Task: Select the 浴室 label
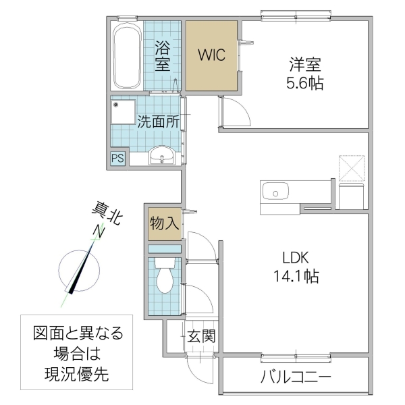[x=163, y=56]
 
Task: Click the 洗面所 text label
[x=158, y=122]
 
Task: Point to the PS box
[x=117, y=159]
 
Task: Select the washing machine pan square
[x=124, y=112]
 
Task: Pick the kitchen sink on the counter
[x=275, y=192]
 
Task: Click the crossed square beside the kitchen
[x=352, y=168]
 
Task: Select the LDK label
[x=295, y=257]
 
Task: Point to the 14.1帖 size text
[x=295, y=275]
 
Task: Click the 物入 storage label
[x=164, y=223]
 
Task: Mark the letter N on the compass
[x=99, y=232]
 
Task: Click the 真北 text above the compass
[x=107, y=217]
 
